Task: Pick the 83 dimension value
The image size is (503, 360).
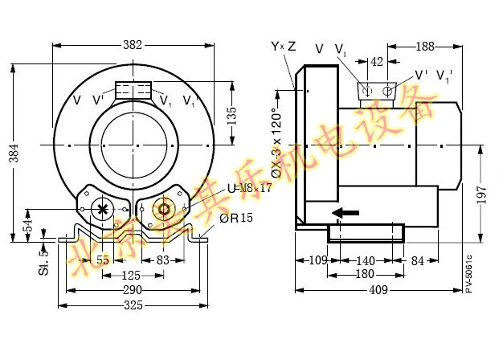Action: coord(163,260)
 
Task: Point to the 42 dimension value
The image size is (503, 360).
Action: coord(377,61)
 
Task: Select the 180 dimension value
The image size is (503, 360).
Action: coord(365,275)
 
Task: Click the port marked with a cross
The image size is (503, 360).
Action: coord(102,209)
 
